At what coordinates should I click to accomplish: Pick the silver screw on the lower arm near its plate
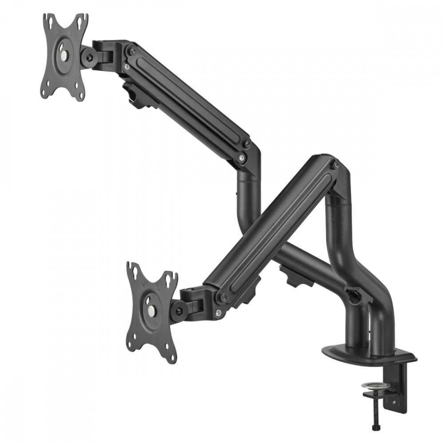click(x=218, y=313)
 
